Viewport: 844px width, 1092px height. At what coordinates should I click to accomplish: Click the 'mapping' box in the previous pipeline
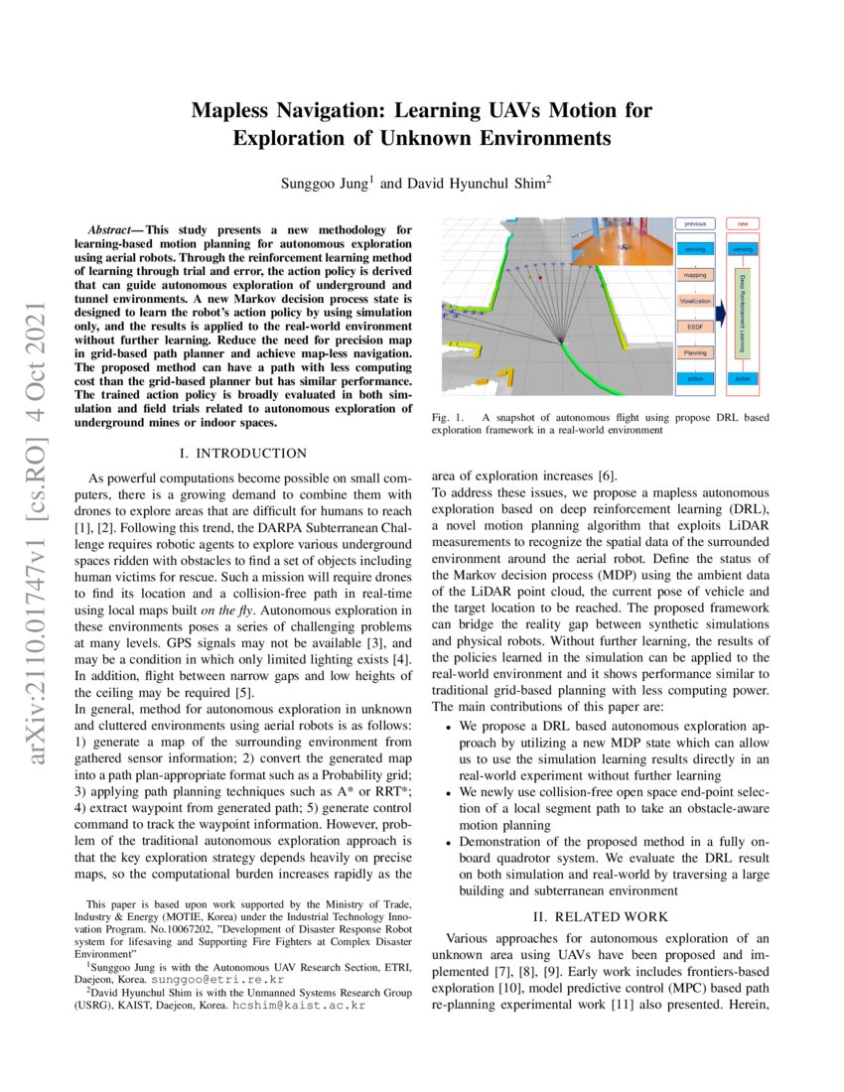point(695,272)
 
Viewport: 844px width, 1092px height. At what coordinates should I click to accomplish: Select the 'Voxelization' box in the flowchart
point(695,299)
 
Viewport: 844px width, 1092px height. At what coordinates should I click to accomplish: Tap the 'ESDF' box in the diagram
point(695,326)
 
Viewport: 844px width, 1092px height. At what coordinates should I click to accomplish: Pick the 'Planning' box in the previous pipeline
point(695,352)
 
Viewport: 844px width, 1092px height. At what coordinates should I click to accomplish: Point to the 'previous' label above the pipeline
point(695,224)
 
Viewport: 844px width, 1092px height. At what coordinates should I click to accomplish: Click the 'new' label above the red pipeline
point(741,224)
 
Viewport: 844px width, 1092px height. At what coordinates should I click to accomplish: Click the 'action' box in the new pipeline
point(741,378)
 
